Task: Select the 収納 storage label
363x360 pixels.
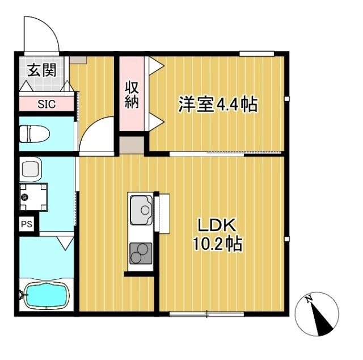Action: point(132,95)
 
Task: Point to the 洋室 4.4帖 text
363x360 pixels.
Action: point(217,104)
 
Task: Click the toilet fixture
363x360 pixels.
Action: point(34,134)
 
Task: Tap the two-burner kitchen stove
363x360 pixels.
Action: point(141,253)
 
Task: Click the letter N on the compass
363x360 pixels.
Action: point(308,300)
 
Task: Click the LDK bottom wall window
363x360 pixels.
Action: point(206,313)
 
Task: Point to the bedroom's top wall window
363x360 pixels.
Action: point(257,54)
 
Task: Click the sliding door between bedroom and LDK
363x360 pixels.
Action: point(244,153)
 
